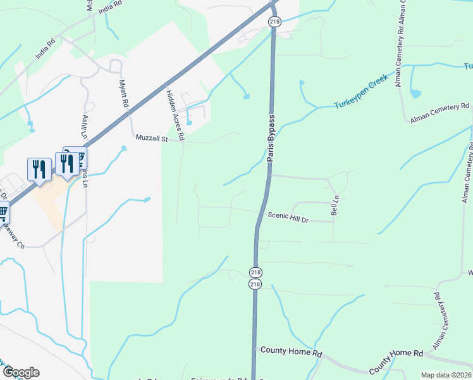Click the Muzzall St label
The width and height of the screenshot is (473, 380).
click(150, 137)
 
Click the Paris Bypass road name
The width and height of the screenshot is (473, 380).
click(270, 139)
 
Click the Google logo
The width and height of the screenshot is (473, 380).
click(20, 372)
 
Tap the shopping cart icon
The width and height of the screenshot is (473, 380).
click(3, 212)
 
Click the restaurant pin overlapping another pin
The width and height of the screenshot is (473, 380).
click(66, 163)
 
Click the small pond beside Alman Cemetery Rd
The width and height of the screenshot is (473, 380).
click(415, 94)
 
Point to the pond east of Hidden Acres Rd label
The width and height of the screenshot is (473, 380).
click(189, 122)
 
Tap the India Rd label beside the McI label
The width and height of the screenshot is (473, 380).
click(111, 5)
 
